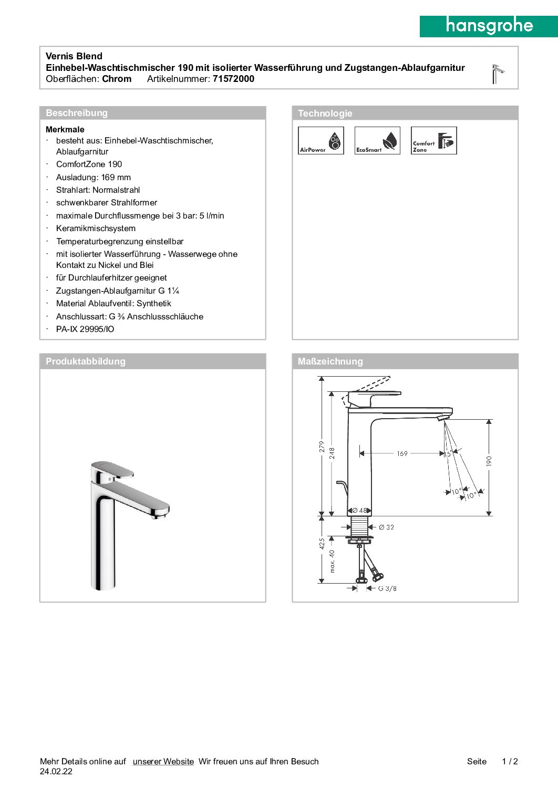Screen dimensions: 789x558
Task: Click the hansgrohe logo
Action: point(489,26)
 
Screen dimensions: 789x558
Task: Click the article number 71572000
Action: point(233,79)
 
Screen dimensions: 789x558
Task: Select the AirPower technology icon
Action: point(321,141)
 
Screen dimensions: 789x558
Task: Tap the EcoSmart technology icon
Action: point(377,141)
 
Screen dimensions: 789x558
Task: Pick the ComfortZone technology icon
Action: point(433,141)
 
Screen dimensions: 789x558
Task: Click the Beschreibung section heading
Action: point(77,113)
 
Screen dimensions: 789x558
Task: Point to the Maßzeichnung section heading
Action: point(330,361)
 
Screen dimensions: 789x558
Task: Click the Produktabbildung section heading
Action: point(86,361)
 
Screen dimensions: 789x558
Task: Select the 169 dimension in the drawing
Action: point(402,453)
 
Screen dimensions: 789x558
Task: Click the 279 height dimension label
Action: point(322,447)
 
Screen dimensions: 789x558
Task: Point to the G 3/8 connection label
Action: point(387,588)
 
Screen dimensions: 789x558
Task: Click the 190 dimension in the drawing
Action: point(489,461)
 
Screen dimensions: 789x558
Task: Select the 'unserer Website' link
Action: point(163,761)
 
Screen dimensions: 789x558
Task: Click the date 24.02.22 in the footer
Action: point(56,772)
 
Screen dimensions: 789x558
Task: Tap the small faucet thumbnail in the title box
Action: point(497,74)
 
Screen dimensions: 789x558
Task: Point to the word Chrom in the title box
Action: point(117,79)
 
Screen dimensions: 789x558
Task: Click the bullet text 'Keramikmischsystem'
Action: point(96,229)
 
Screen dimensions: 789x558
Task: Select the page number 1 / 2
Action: point(510,761)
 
